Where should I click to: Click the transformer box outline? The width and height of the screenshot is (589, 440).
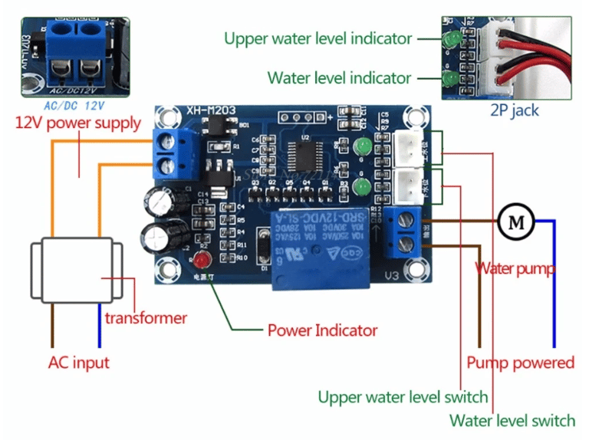76,271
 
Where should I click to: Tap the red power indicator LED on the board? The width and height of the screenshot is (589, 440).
202,258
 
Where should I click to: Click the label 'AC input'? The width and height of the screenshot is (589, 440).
78,363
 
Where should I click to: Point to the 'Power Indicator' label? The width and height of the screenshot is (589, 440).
322,330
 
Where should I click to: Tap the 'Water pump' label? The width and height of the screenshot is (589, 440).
515,269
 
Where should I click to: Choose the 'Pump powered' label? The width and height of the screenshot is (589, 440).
520,363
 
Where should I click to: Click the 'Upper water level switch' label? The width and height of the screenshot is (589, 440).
403,397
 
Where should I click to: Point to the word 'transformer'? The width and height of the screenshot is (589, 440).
146,317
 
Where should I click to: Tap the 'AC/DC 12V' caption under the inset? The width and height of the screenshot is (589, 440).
74,104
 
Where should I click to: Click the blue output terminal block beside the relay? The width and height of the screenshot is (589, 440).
403,232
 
